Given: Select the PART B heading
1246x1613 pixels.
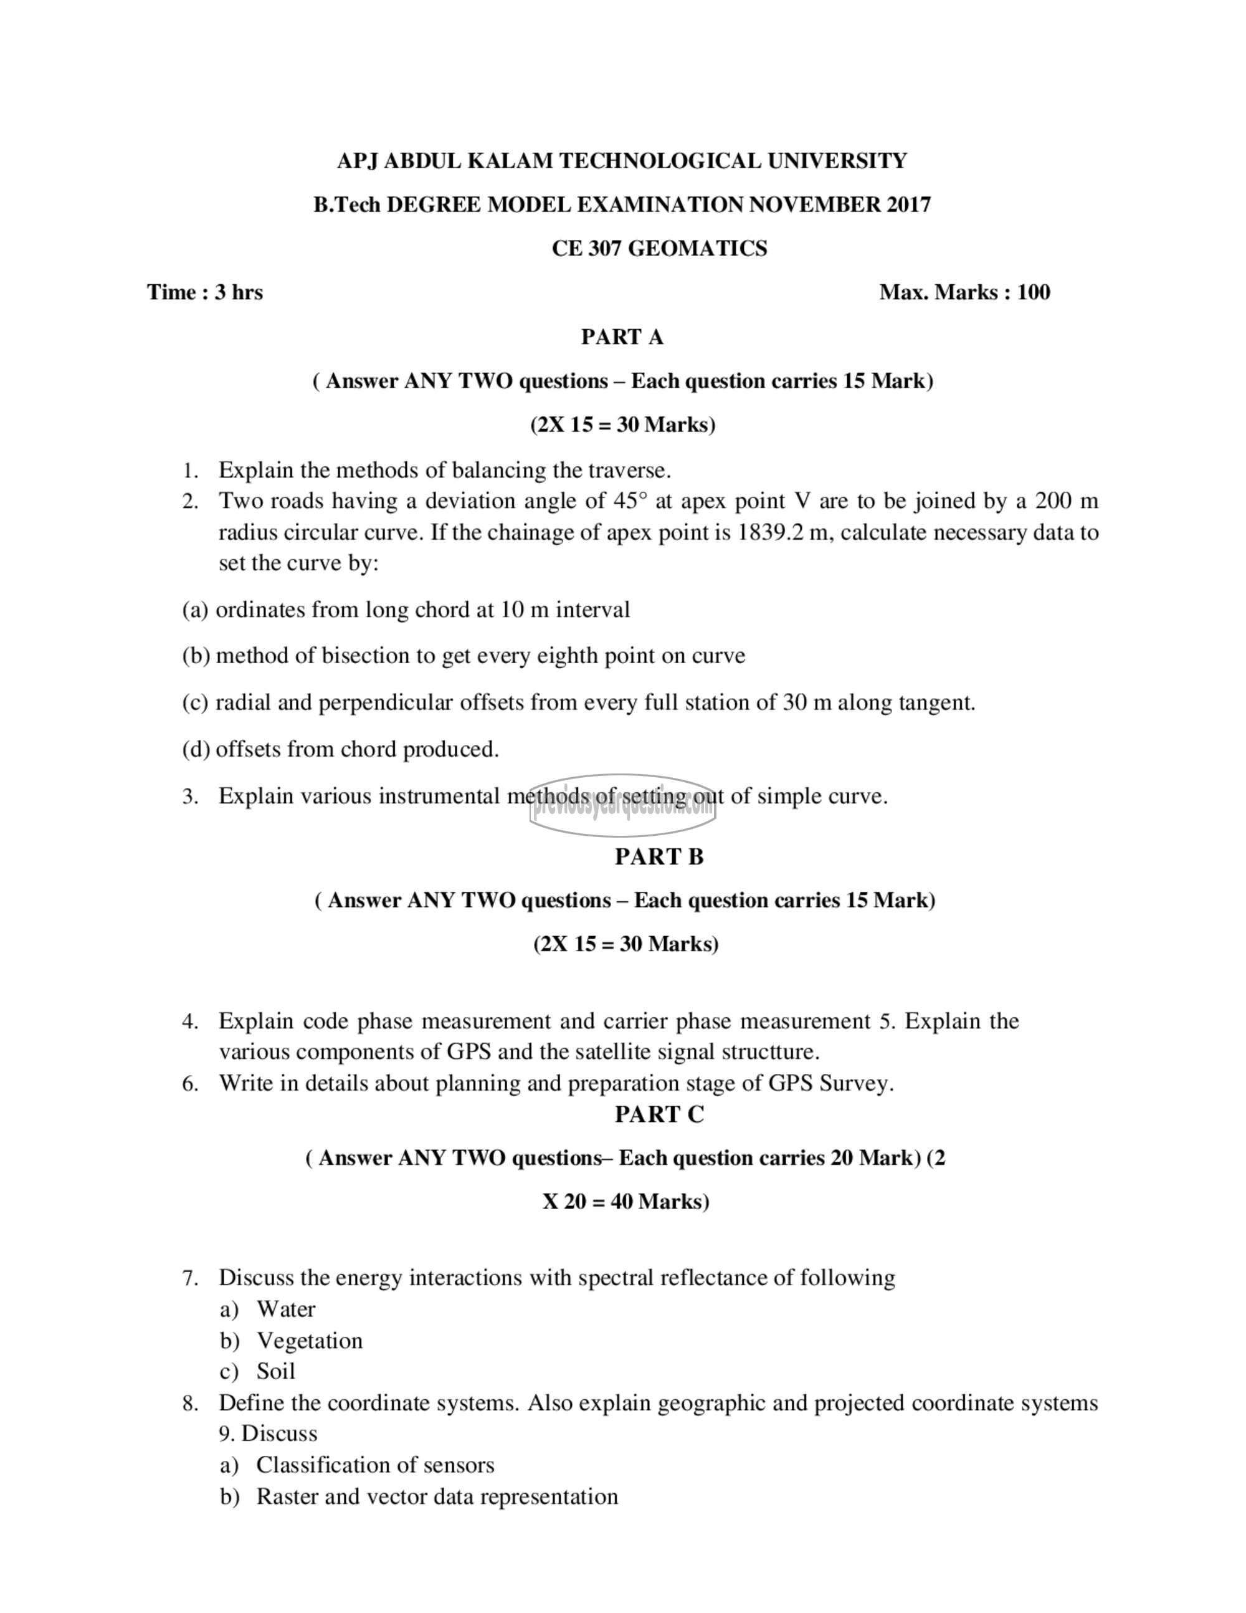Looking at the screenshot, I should point(659,857).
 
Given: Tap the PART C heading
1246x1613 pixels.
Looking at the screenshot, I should point(659,1114).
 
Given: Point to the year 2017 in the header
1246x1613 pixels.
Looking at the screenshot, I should point(909,204).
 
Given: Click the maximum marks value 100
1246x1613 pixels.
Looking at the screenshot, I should point(1034,292).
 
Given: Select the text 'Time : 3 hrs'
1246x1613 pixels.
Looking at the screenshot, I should point(205,292).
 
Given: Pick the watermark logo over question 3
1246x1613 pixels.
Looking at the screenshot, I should point(622,805).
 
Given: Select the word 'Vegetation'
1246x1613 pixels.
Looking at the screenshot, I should point(309,1341).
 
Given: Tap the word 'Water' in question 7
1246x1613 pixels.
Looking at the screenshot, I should point(286,1309).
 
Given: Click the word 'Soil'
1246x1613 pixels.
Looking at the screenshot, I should point(275,1372).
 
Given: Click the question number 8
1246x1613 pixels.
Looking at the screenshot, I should point(190,1403).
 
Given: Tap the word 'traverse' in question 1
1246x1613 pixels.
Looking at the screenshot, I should point(627,471).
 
